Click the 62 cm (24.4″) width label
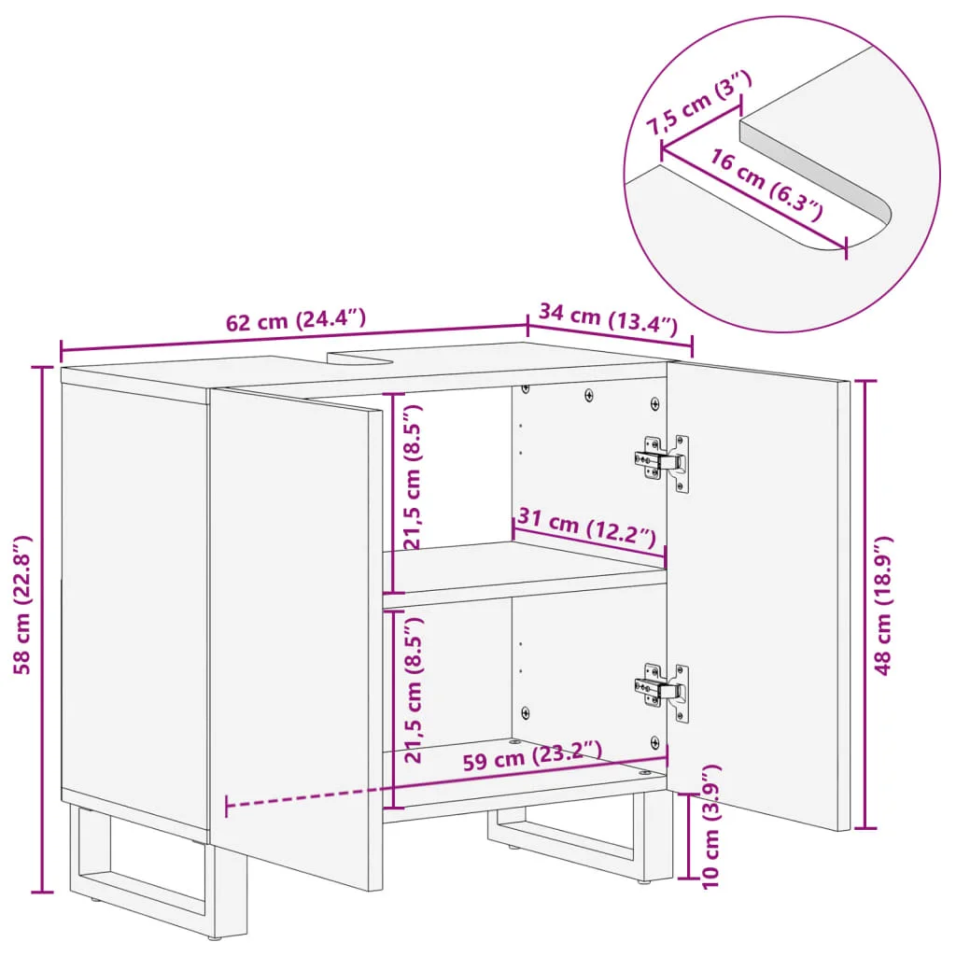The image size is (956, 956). (296, 319)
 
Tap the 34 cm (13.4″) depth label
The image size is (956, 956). (608, 317)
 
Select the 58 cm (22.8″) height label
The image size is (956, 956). (22, 604)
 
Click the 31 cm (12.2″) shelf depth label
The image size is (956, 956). (586, 527)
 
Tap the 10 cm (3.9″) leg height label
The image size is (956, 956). (710, 827)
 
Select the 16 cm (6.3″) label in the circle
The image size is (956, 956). (766, 184)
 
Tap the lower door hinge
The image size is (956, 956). (663, 692)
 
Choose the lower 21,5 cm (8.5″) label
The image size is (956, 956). (413, 690)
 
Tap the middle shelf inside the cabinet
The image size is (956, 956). (525, 573)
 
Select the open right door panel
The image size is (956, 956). (758, 595)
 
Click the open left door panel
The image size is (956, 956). (297, 637)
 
